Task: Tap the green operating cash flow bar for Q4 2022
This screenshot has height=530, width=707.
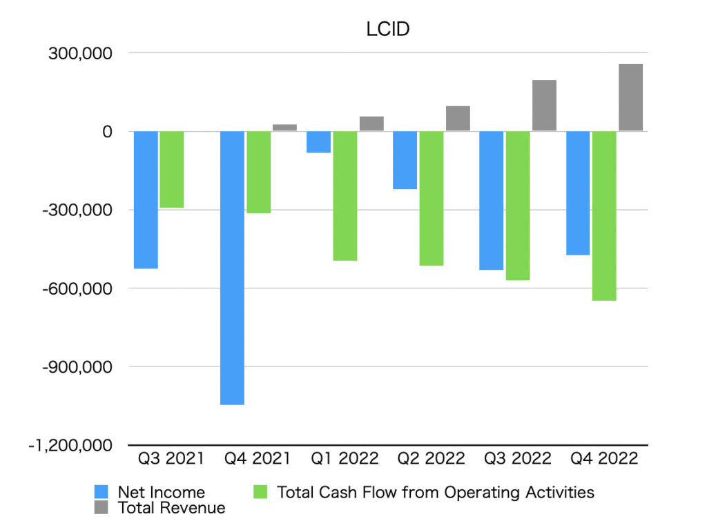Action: (x=604, y=216)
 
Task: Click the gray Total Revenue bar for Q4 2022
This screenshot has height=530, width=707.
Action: (x=630, y=97)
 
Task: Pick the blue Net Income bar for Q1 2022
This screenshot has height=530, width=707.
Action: (x=318, y=142)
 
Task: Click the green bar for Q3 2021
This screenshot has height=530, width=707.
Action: (x=172, y=170)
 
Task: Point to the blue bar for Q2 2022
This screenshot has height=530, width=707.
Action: (x=405, y=160)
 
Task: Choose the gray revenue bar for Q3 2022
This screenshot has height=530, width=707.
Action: (x=544, y=106)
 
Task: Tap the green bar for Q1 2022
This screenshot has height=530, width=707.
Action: (x=345, y=196)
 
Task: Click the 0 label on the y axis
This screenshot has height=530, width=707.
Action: (x=107, y=132)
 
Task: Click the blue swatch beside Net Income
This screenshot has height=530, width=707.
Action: (x=101, y=492)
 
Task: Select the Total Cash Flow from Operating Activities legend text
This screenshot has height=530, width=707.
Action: (x=435, y=492)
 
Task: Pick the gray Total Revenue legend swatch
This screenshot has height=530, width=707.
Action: (x=101, y=508)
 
